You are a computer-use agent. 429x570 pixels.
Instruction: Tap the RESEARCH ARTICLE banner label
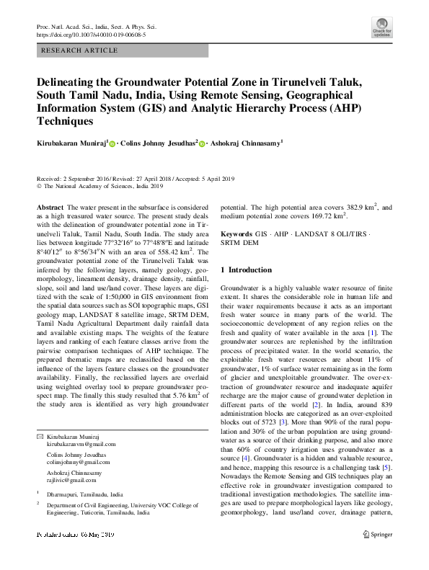tap(79, 50)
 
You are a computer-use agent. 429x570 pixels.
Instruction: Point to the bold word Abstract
tap(50, 207)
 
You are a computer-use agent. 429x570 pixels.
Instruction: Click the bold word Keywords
tap(236, 235)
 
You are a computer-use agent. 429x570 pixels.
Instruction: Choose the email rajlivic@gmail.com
tap(66, 479)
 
